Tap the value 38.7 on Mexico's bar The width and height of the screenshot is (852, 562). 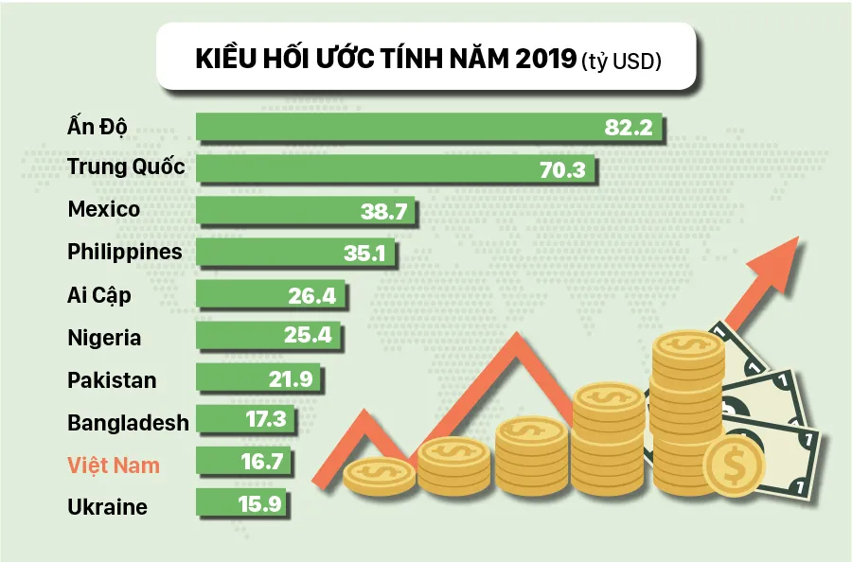coord(383,212)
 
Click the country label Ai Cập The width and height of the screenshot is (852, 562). coord(99,295)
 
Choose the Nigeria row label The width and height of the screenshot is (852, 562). coord(104,338)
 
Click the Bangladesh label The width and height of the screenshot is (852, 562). coord(128,422)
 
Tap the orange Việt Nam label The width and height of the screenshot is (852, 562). coord(114,465)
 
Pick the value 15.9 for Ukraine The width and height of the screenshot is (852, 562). coord(258,505)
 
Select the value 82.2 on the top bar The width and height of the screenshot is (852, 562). coord(629,128)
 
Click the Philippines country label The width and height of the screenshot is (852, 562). coord(124,253)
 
